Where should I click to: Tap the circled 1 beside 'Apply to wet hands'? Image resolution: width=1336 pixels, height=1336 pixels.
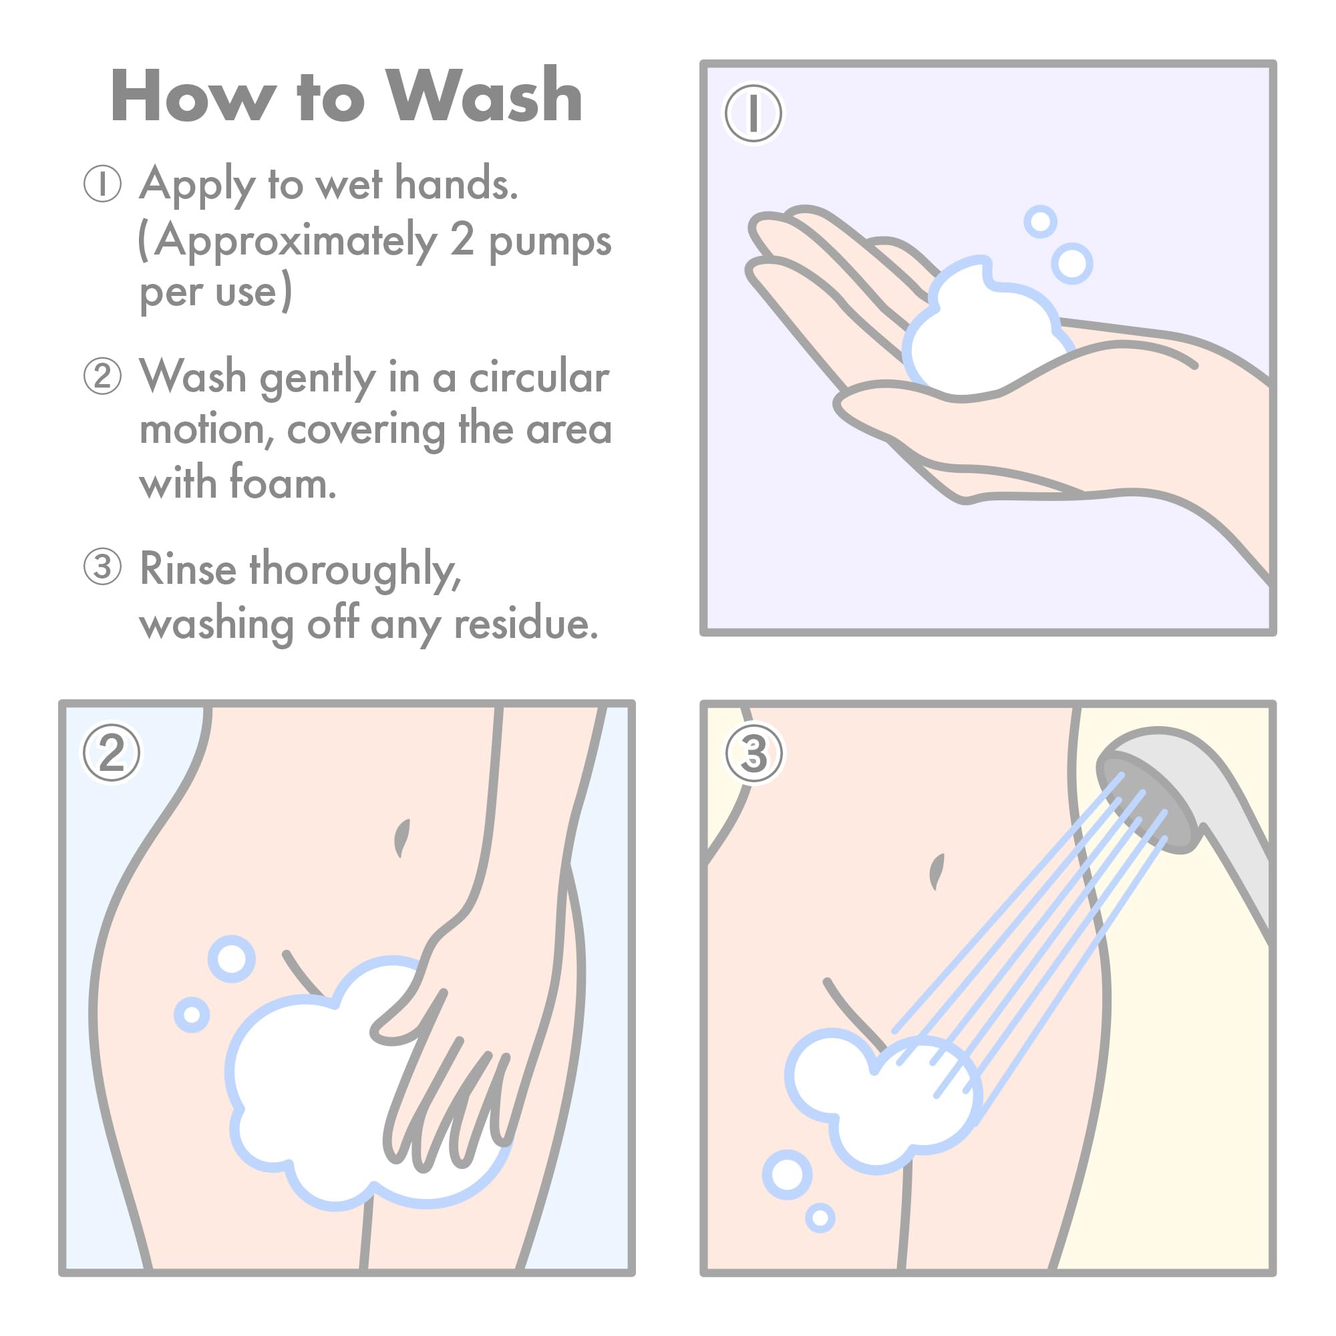click(x=102, y=184)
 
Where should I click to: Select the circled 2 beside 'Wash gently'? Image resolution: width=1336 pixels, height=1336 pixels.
click(x=102, y=376)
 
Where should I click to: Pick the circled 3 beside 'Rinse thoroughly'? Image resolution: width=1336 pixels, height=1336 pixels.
click(x=102, y=566)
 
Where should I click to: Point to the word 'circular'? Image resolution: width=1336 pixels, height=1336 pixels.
click(x=538, y=377)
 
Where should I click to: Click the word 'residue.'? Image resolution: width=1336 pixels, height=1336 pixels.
click(x=526, y=625)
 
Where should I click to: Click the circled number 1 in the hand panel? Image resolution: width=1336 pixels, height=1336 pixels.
click(x=753, y=113)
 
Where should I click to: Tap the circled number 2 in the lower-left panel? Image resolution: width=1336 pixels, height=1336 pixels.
click(x=112, y=752)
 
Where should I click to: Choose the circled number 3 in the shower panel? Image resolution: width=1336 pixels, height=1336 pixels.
click(x=754, y=753)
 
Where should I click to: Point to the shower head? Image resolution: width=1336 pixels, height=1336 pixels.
click(x=1176, y=809)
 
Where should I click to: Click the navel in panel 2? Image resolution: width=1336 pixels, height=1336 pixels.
click(x=401, y=838)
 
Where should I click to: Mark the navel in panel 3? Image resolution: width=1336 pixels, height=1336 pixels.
click(x=937, y=871)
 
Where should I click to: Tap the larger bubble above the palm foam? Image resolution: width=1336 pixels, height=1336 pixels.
click(x=1072, y=263)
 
